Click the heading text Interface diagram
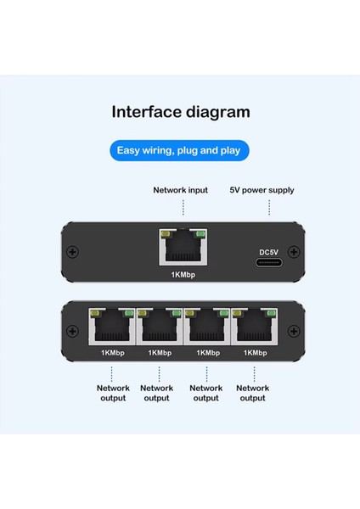tap(179, 111)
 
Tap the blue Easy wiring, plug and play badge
tap(179, 152)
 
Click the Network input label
tap(180, 190)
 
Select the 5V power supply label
tap(262, 190)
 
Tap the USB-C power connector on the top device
tap(268, 263)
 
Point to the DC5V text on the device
tap(268, 251)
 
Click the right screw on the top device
tap(293, 252)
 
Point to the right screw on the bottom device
tap(293, 332)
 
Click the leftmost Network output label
tap(113, 393)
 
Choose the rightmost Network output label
tap(253, 393)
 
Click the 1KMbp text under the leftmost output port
tap(112, 352)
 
